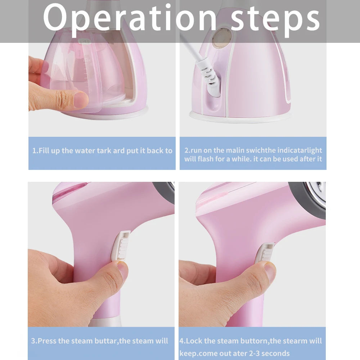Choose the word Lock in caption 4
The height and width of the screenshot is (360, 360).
click(195, 341)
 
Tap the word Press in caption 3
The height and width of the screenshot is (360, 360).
click(47, 341)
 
